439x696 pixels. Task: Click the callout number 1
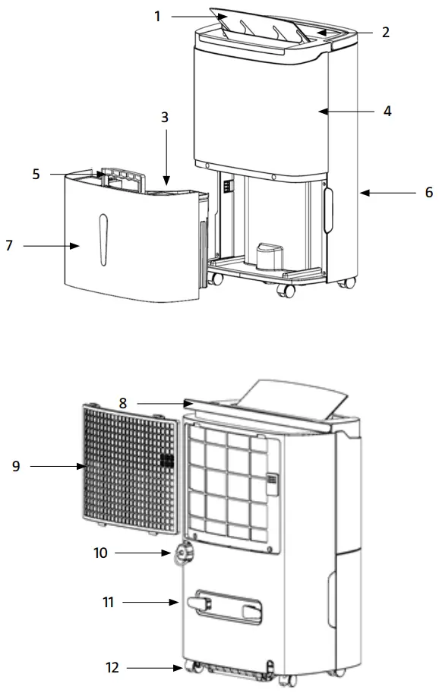pos(157,15)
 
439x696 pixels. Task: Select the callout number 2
pos(386,32)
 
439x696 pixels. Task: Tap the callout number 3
pos(164,118)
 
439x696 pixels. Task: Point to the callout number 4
pos(387,111)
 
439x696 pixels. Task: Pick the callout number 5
pos(36,174)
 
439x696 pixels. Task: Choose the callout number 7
pos(9,246)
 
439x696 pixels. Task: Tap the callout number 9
pos(15,467)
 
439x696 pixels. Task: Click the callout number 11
pos(108,603)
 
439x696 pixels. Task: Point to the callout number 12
pos(112,668)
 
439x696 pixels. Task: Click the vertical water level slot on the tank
pos(104,239)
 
